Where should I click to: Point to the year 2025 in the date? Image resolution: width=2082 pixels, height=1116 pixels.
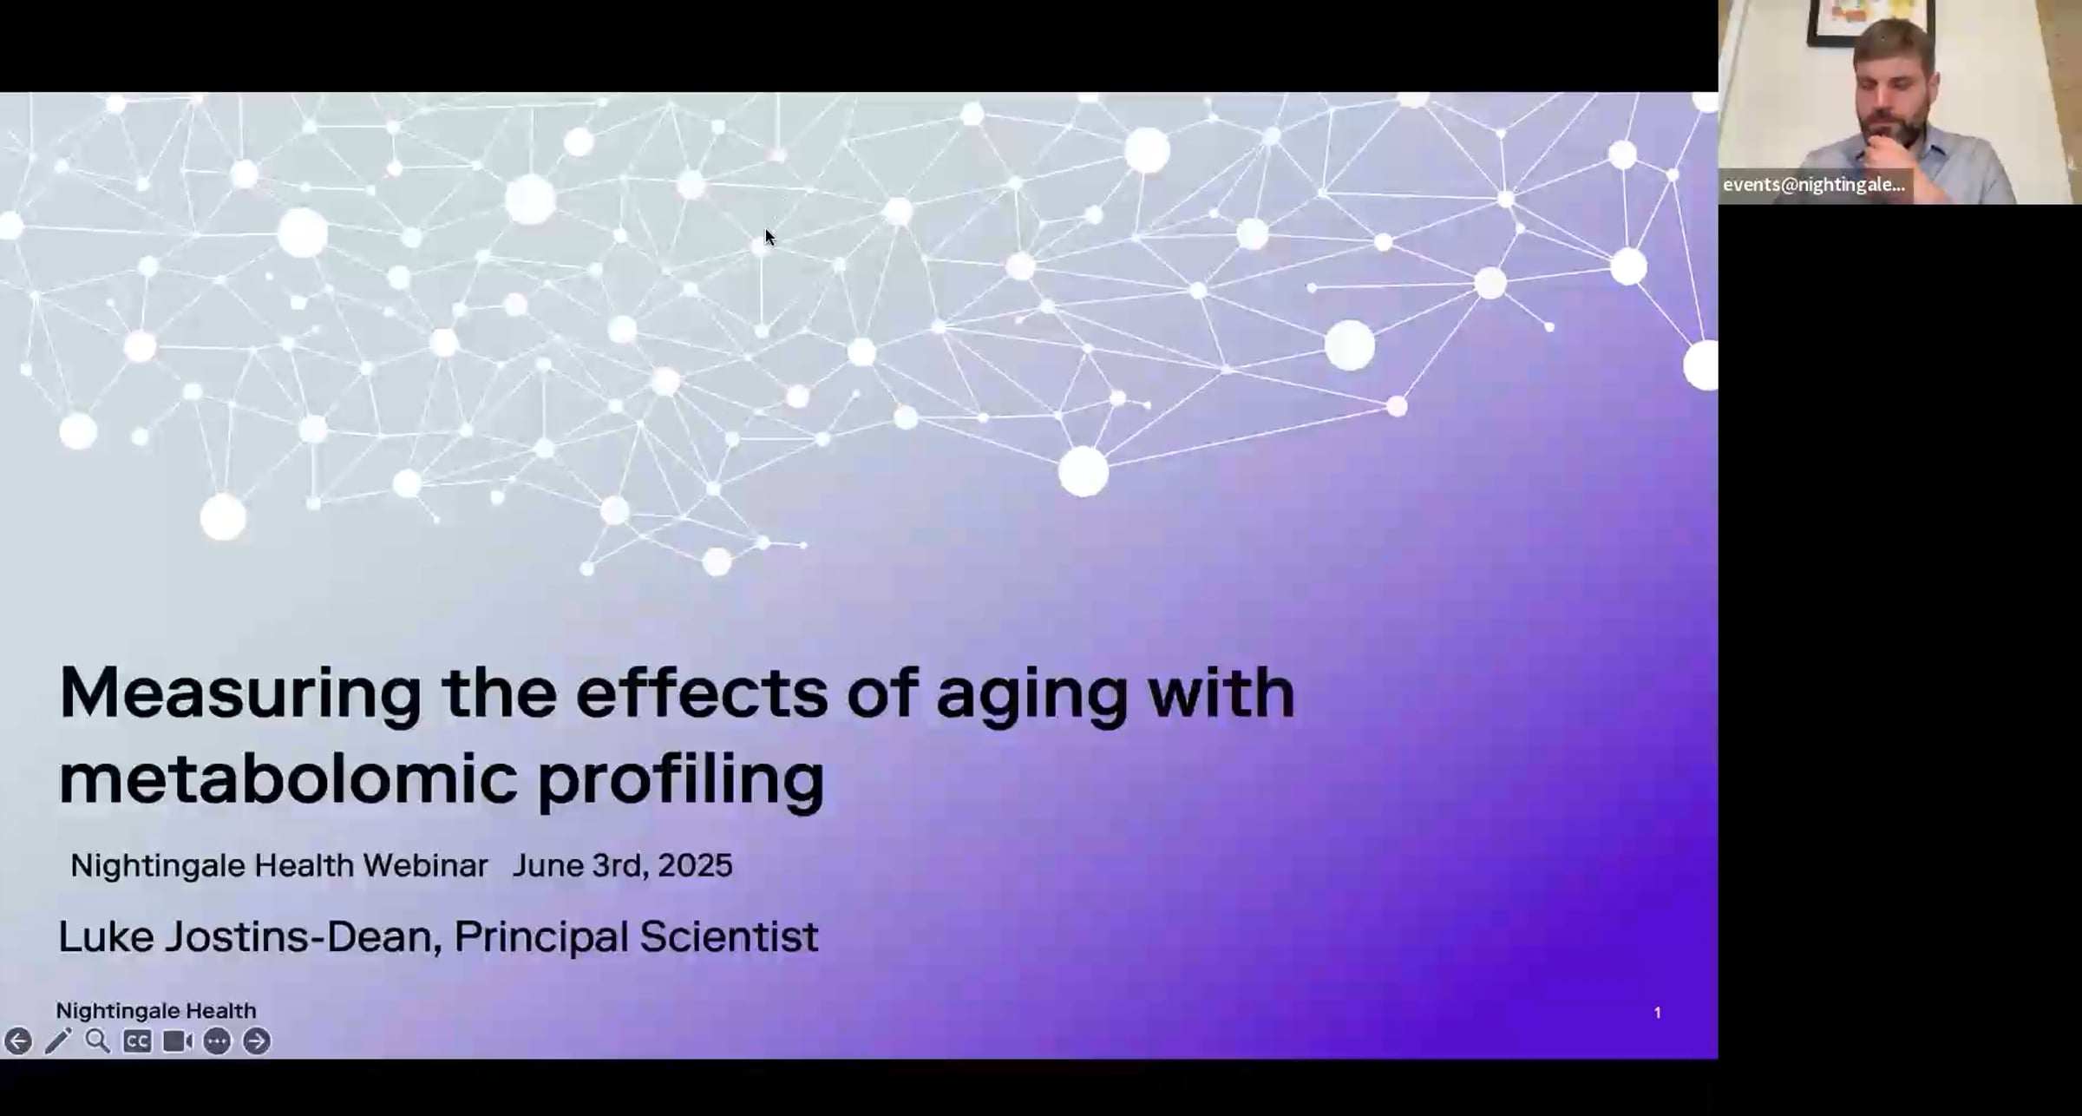coord(695,866)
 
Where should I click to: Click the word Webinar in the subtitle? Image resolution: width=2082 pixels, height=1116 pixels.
coord(425,866)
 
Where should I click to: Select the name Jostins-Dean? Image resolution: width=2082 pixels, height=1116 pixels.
coord(298,937)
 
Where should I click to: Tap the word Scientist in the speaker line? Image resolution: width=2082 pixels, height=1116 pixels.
coord(728,937)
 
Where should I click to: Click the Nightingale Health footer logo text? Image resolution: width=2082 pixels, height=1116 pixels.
coord(156,1011)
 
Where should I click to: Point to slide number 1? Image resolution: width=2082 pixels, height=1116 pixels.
coord(1657,1013)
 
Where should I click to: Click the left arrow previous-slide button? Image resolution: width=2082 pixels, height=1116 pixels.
coord(18,1041)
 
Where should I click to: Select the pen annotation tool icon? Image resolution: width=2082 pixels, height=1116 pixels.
coord(58,1041)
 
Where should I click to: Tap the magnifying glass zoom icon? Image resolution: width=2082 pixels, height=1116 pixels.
coord(97,1041)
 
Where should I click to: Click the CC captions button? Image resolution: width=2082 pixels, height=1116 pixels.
coord(137,1041)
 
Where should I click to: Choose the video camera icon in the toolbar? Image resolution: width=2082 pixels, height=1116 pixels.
coord(177,1041)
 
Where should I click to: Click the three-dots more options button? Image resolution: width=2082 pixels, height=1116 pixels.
coord(217,1041)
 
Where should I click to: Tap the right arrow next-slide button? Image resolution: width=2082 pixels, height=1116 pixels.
coord(257,1041)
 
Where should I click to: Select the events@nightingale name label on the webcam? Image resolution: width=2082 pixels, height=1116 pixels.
coord(1813,185)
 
